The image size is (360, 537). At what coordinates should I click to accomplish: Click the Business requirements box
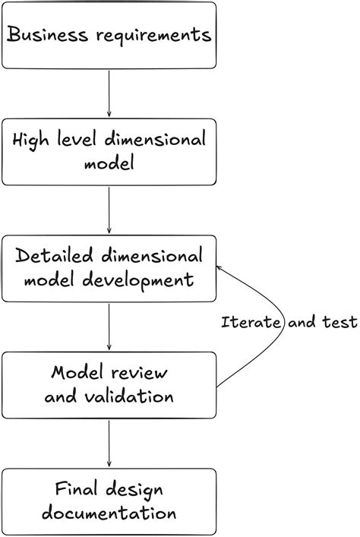pos(109,35)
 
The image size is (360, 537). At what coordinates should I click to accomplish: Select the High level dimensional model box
pos(109,151)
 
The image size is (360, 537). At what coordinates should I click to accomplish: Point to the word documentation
pos(109,513)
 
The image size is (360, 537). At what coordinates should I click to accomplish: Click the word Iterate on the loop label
pos(252,322)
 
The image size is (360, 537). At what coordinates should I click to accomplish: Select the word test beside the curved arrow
pos(339,322)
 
